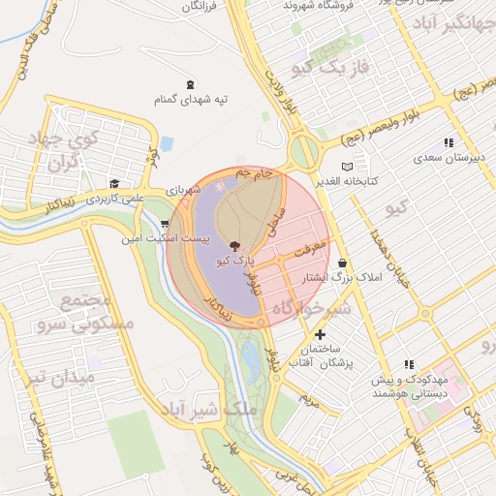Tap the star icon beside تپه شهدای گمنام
coord(190,84)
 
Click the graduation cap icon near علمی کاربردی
coord(114,183)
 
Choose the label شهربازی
coord(183,190)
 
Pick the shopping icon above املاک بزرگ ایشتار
coord(343,263)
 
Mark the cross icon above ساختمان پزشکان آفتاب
coord(321,334)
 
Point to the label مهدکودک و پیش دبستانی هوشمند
coord(411,387)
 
